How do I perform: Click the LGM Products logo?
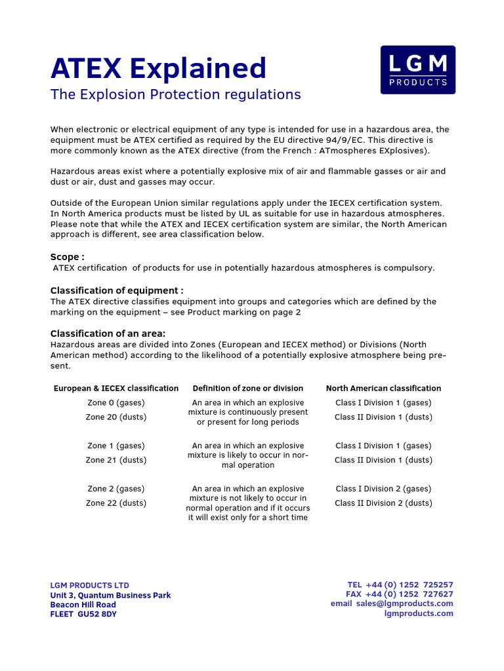point(417,69)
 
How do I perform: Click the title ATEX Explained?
point(159,69)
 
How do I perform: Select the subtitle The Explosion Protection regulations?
point(175,94)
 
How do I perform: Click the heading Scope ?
point(68,257)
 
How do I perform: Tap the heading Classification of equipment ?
point(117,290)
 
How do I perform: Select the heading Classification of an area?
point(108,334)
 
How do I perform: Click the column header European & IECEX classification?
point(116,389)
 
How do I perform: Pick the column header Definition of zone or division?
point(247,389)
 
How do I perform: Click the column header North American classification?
point(383,389)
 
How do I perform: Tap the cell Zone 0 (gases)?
point(116,403)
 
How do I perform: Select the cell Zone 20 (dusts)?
point(116,417)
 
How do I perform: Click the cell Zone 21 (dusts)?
point(116,460)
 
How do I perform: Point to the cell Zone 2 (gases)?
point(116,489)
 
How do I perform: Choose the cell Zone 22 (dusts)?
point(116,503)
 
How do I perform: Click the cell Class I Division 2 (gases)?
point(383,489)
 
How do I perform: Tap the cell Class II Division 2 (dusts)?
point(383,503)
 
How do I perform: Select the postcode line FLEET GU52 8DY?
point(83,615)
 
